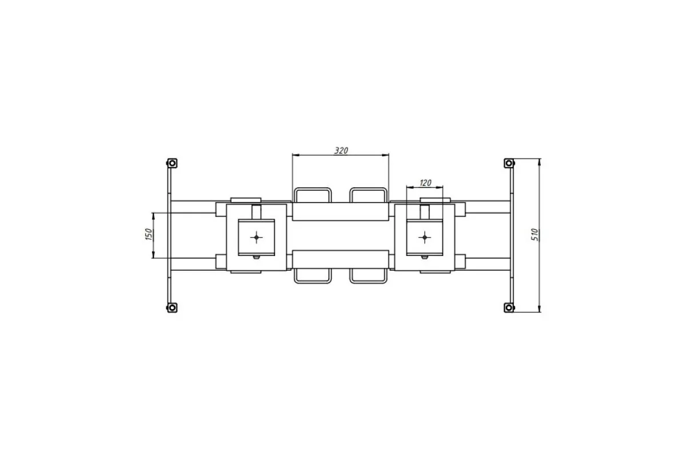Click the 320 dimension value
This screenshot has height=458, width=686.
pyautogui.click(x=341, y=151)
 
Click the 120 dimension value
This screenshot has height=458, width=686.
pyautogui.click(x=425, y=183)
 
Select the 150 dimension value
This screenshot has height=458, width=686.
pyautogui.click(x=149, y=234)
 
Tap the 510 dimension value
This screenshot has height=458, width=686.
pyautogui.click(x=535, y=235)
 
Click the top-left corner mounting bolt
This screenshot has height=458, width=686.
pyautogui.click(x=172, y=163)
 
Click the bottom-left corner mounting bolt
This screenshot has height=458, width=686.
pyautogui.click(x=172, y=307)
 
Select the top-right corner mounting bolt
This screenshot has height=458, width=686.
pyautogui.click(x=509, y=163)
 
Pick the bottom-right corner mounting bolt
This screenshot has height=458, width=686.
pyautogui.click(x=509, y=307)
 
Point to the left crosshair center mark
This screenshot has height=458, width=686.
pyautogui.click(x=256, y=237)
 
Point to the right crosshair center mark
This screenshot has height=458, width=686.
pyautogui.click(x=424, y=237)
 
